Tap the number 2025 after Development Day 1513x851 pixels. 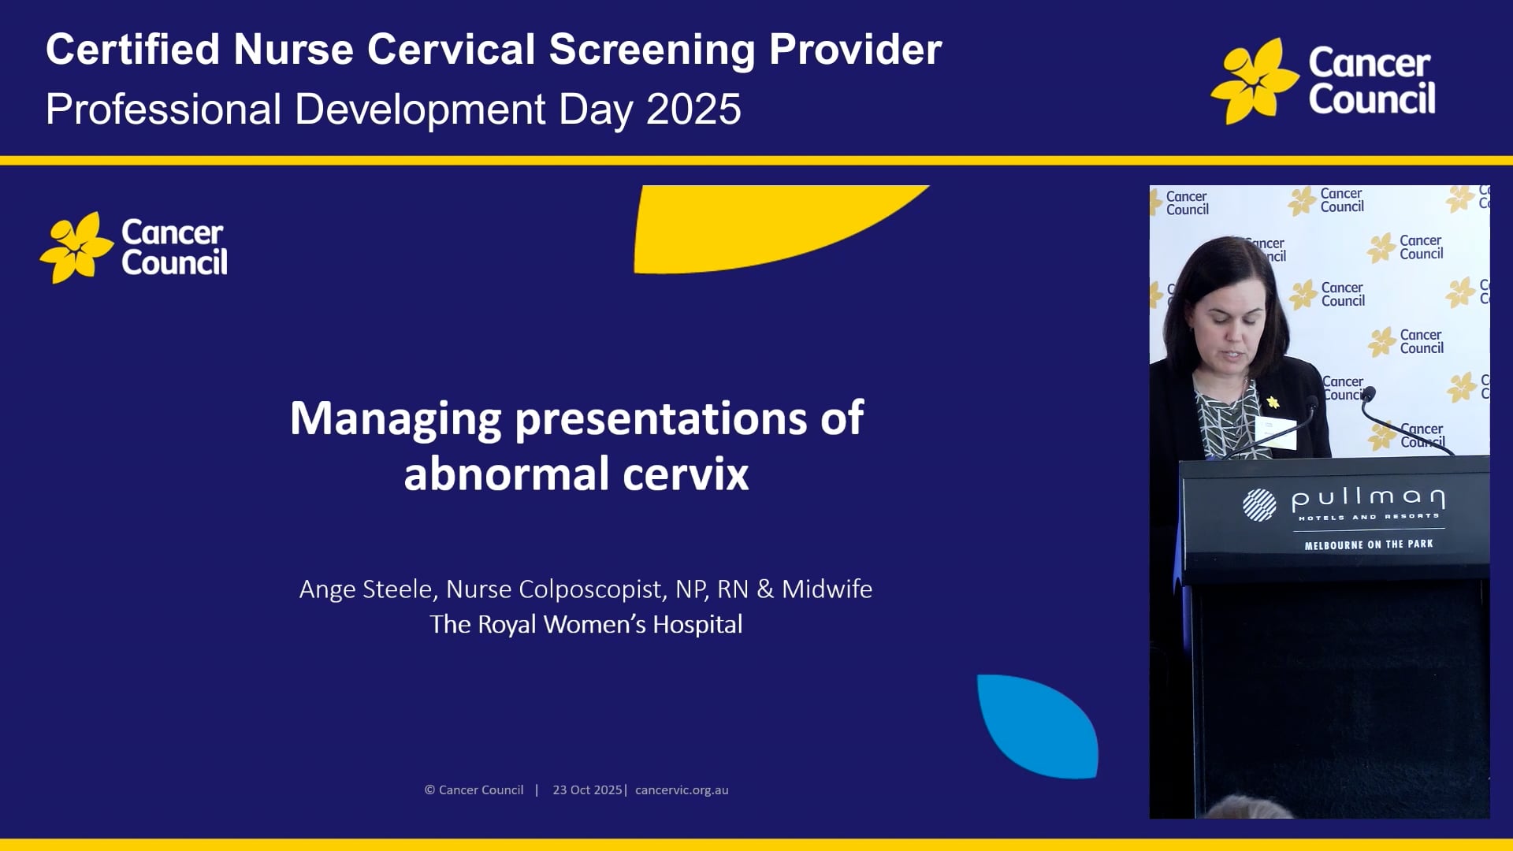pos(693,110)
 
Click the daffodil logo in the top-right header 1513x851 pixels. pos(1253,81)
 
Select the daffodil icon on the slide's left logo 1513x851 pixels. pos(76,247)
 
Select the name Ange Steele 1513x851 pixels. pos(366,589)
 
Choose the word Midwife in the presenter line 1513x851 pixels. pos(827,589)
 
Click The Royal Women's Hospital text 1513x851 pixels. pos(585,625)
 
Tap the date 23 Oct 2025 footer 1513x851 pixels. pos(587,790)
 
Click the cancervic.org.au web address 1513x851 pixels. pos(682,790)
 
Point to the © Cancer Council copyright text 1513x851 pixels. pos(474,790)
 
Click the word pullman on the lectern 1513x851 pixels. pos(1368,499)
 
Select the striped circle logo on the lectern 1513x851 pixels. pos(1258,505)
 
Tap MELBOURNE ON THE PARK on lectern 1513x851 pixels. pos(1368,544)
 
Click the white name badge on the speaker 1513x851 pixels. pos(1276,433)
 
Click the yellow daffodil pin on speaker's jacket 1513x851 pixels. pos(1273,403)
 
